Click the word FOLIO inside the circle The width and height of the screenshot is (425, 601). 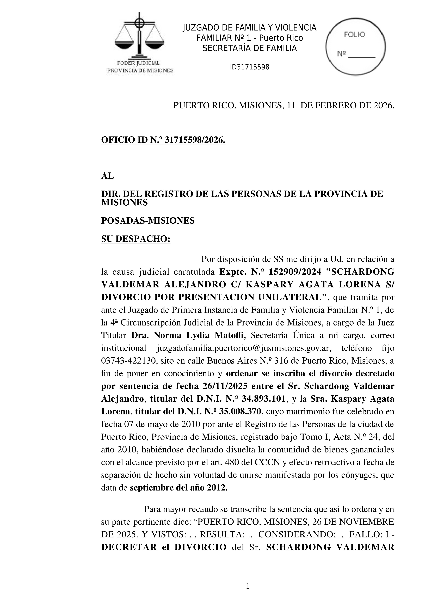[x=354, y=35]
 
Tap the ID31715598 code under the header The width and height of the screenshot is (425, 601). [x=249, y=67]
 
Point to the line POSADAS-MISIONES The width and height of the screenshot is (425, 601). [x=148, y=221]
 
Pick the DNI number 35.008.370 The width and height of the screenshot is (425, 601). [x=240, y=412]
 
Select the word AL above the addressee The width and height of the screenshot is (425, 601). [x=107, y=176]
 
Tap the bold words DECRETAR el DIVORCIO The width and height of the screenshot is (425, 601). [x=164, y=547]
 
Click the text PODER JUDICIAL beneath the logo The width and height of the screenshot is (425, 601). [x=138, y=63]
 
